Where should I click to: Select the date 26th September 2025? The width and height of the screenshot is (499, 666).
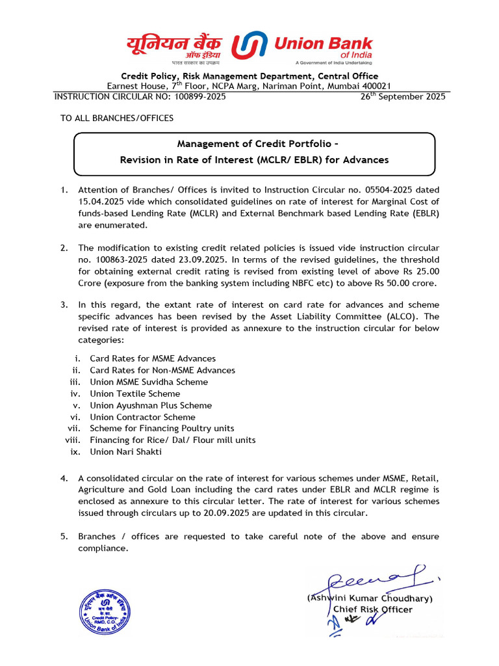(x=403, y=96)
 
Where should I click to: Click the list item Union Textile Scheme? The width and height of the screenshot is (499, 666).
(x=135, y=393)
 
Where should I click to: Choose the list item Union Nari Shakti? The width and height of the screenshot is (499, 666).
(x=126, y=451)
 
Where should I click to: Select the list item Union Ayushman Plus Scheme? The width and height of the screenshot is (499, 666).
(x=151, y=405)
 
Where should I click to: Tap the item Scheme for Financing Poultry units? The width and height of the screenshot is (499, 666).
(x=162, y=428)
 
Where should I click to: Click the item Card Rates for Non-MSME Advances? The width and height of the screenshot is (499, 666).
(x=162, y=370)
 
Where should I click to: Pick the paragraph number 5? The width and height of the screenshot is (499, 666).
(x=64, y=537)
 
